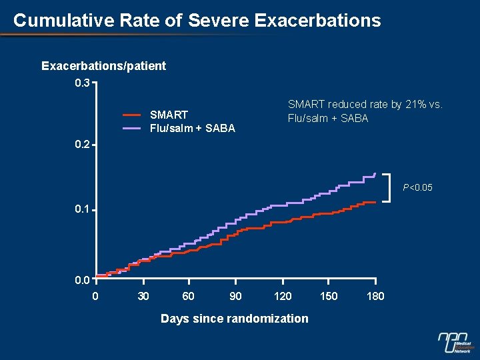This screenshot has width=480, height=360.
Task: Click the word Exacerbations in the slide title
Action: click(317, 20)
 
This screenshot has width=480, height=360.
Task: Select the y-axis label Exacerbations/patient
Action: click(103, 66)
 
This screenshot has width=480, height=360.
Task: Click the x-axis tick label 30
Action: click(143, 296)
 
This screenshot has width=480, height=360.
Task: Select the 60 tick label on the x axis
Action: click(189, 296)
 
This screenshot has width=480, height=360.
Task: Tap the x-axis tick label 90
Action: click(235, 296)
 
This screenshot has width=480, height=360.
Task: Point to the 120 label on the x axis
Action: click(282, 296)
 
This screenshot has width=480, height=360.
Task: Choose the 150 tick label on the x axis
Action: click(329, 296)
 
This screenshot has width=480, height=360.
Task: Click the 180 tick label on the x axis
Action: click(375, 296)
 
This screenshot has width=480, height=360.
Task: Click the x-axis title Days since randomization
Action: click(235, 319)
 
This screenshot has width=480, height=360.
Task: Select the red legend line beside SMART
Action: click(132, 115)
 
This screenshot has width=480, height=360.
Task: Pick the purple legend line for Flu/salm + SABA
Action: click(132, 128)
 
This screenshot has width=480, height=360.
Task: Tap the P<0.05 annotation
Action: click(417, 188)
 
